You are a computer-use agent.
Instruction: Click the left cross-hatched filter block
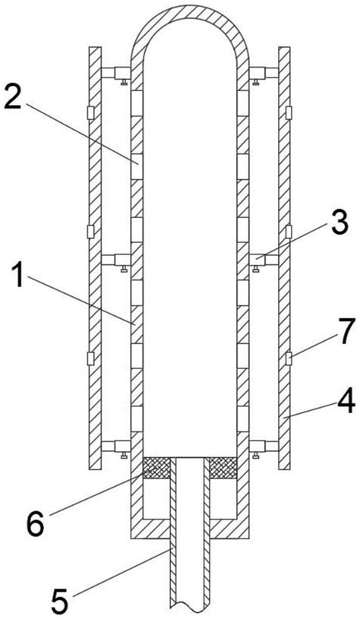(156, 468)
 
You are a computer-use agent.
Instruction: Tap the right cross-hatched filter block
(223, 468)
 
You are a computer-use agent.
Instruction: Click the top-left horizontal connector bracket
(116, 73)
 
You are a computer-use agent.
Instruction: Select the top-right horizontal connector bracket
(264, 73)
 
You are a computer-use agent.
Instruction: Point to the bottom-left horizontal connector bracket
(116, 447)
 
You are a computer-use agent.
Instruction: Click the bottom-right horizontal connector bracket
(264, 447)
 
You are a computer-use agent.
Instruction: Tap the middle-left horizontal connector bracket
(116, 260)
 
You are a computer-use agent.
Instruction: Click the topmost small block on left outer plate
(90, 113)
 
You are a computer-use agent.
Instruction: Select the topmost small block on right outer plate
(289, 113)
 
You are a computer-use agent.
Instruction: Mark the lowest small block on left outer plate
(90, 358)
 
